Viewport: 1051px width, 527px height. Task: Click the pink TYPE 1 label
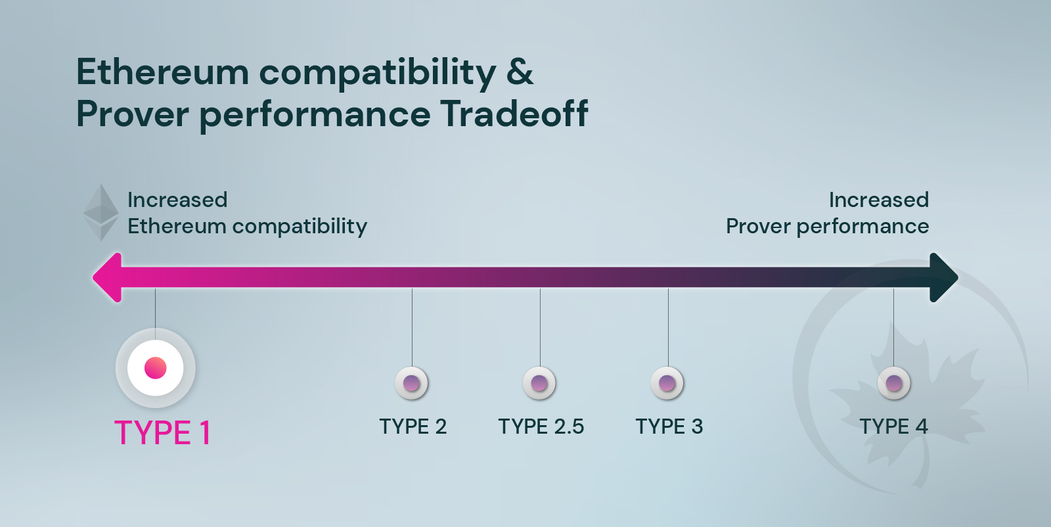click(162, 432)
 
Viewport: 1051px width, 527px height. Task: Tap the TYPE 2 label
click(413, 426)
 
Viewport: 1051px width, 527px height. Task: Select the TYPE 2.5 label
click(541, 426)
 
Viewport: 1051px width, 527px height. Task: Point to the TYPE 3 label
click(669, 426)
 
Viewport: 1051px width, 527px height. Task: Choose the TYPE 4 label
click(894, 426)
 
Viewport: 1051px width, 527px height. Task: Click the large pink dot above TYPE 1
click(155, 368)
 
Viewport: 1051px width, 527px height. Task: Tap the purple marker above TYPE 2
click(411, 383)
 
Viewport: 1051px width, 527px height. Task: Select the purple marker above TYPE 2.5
click(539, 383)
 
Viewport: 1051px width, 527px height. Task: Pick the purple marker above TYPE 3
click(667, 383)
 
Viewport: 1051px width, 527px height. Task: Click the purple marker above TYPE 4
click(894, 383)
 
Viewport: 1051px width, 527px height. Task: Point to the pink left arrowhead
click(108, 278)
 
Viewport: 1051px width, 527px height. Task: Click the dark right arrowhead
click(943, 278)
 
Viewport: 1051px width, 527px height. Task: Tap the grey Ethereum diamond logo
click(101, 213)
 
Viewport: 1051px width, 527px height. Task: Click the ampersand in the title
click(520, 72)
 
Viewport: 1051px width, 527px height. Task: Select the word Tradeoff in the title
click(514, 114)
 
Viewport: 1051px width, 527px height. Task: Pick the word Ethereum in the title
click(162, 72)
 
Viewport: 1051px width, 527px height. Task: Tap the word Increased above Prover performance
click(879, 200)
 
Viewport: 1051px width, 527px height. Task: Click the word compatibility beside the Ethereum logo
click(300, 227)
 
